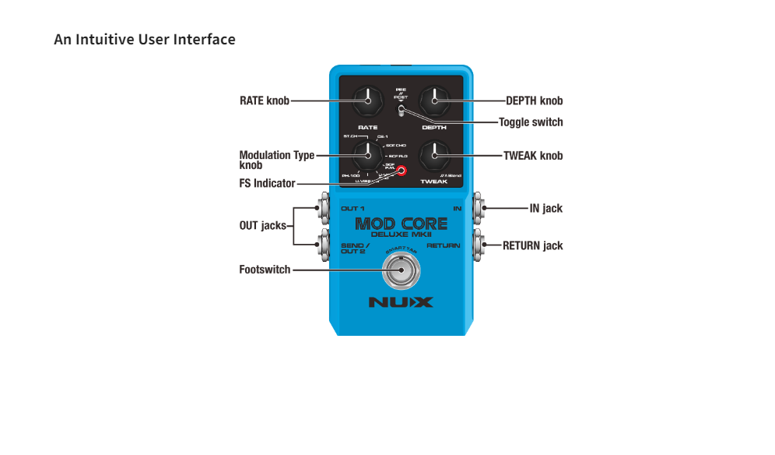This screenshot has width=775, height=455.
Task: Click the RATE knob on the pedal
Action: click(x=366, y=101)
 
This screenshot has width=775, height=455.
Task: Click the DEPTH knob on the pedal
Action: click(x=434, y=101)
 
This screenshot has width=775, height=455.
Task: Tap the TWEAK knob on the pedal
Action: click(x=434, y=156)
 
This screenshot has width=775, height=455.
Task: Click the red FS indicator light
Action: click(x=402, y=171)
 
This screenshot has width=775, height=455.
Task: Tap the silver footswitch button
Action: click(x=401, y=272)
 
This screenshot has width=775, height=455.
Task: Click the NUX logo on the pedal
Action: click(x=401, y=302)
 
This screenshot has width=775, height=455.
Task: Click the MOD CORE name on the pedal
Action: click(x=401, y=224)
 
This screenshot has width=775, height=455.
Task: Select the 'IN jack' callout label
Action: click(x=545, y=209)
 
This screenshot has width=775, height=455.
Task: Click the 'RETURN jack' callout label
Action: click(x=532, y=245)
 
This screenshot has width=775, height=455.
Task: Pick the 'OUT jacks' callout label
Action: click(x=262, y=226)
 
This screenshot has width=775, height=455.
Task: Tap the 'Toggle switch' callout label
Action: click(x=531, y=122)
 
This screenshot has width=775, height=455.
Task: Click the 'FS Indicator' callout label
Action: click(x=267, y=184)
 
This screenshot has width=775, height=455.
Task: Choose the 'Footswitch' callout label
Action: click(x=265, y=270)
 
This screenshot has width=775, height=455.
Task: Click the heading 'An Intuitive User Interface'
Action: click(x=145, y=39)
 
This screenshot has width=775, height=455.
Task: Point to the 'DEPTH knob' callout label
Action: click(x=534, y=101)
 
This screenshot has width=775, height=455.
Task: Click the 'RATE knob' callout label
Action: click(x=265, y=101)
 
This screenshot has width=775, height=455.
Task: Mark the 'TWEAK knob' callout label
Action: click(x=533, y=156)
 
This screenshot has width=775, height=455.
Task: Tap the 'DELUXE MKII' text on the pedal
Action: click(x=401, y=235)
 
